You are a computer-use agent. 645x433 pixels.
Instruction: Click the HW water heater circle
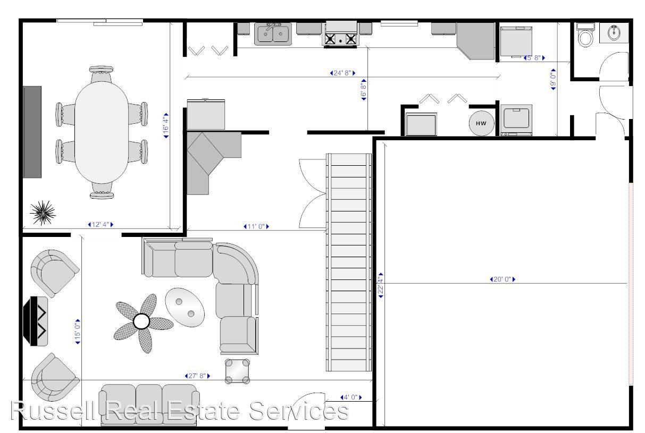tap(481, 123)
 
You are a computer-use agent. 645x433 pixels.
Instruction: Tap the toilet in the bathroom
tap(585, 36)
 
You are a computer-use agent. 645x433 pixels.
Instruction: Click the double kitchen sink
tap(273, 35)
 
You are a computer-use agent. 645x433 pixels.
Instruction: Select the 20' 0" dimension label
tap(502, 279)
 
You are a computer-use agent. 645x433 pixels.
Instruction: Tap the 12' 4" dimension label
tap(100, 225)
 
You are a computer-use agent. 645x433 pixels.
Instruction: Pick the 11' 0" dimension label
tap(256, 227)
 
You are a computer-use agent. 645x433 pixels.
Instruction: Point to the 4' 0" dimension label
tap(350, 397)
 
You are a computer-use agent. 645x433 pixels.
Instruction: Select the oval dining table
tap(101, 133)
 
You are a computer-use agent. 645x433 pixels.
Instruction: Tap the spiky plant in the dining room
tap(41, 213)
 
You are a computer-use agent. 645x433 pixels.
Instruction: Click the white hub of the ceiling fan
tap(141, 321)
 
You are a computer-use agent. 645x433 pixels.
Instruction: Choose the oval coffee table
tap(185, 307)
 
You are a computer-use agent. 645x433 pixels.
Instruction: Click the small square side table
tap(237, 371)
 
